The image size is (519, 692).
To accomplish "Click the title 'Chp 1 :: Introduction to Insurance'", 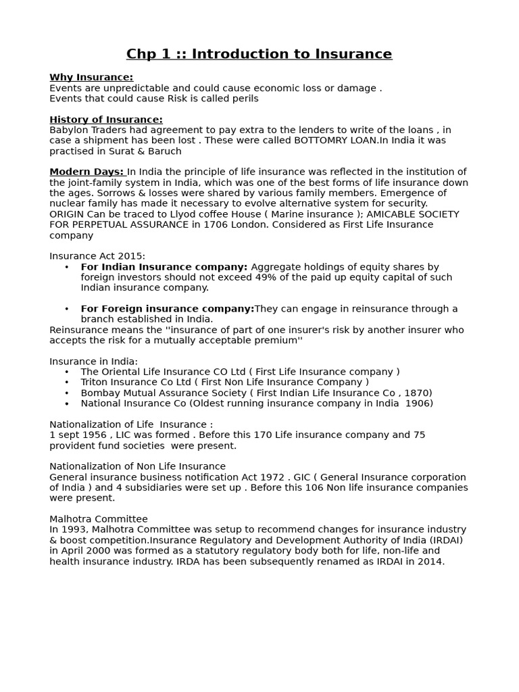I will [259, 54].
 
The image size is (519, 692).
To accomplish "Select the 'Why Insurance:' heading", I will [91, 77].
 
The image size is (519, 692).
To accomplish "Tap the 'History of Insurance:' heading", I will [106, 120].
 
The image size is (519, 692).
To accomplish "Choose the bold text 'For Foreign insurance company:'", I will [167, 309].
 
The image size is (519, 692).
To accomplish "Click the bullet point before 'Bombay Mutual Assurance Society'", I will [67, 393].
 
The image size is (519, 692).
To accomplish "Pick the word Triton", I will [95, 382].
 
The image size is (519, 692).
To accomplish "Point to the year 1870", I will [417, 393].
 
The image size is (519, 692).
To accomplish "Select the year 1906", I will [418, 403].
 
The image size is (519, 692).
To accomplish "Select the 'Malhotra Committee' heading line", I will [99, 519].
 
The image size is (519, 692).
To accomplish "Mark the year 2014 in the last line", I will [430, 561].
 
